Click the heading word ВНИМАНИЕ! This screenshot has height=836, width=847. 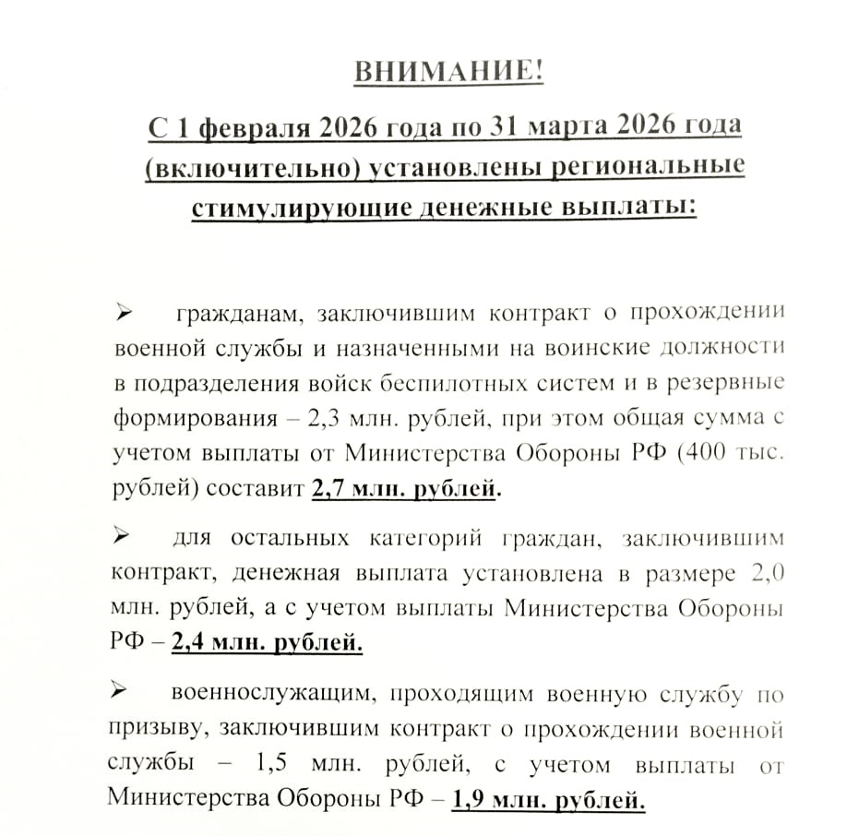point(448,71)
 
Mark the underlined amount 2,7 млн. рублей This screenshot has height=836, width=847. point(404,489)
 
